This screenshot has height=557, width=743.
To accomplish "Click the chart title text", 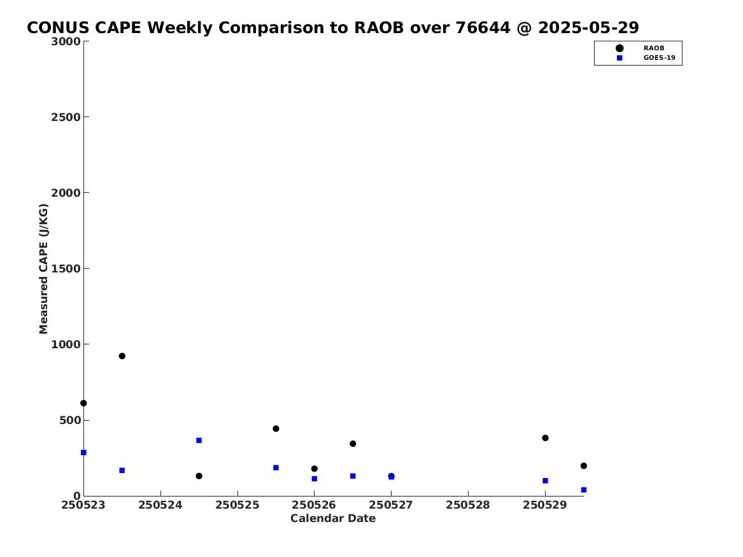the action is point(332,28).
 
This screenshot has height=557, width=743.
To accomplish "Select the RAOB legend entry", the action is point(640,48).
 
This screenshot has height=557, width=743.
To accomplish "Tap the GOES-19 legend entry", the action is point(646,58).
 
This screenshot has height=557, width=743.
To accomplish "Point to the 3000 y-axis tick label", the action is point(66,41).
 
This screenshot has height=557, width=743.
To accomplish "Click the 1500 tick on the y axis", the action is point(66,269).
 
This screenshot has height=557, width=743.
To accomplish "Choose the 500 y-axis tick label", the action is point(69,420).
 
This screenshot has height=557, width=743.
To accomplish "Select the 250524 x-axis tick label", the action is point(160,505).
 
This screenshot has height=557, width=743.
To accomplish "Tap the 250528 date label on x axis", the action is point(468,505).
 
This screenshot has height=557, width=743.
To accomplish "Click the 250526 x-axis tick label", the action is point(314,505).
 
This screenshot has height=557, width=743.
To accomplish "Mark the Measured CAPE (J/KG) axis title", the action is point(43,269).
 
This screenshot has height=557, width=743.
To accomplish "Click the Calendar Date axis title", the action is point(332,519).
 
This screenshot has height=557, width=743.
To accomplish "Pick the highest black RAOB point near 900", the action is point(122,356).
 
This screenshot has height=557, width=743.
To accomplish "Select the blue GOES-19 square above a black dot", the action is point(199,441).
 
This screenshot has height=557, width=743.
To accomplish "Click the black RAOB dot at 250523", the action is point(83,404).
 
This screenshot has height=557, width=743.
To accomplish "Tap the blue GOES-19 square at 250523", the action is point(83,453).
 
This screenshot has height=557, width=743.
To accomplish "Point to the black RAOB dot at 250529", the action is point(545,438).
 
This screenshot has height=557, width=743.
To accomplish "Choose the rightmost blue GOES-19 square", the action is point(583,490).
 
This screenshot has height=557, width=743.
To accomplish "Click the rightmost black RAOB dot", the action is point(583,466).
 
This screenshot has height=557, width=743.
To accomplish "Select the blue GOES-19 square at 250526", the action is point(314,479).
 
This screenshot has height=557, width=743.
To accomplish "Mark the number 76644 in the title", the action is point(483,28).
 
